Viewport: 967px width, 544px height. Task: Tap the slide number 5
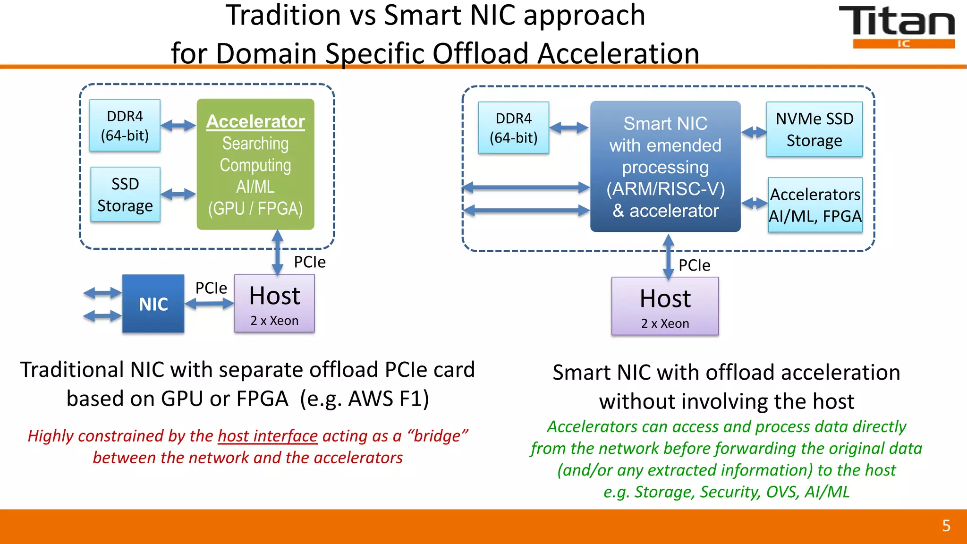point(946,526)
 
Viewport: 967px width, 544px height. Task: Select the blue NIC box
point(153,304)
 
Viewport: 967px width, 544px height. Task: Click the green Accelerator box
point(255,164)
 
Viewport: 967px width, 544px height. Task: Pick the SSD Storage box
point(125,195)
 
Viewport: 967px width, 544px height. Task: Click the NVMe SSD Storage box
point(814,129)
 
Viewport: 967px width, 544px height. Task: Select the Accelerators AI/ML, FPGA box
point(815,205)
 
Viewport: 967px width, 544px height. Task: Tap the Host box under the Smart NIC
point(665,306)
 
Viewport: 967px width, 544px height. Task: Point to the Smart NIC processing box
point(665,166)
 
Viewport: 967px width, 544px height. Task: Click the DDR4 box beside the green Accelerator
point(125,126)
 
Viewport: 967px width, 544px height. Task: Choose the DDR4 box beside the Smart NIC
point(513,128)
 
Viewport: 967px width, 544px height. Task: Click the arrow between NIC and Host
point(209,304)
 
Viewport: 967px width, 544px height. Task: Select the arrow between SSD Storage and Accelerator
point(178,194)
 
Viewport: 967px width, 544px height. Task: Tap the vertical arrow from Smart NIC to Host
point(668,256)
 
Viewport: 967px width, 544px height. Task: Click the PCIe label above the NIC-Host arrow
point(211,288)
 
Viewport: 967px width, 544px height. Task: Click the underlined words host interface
point(267,436)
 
